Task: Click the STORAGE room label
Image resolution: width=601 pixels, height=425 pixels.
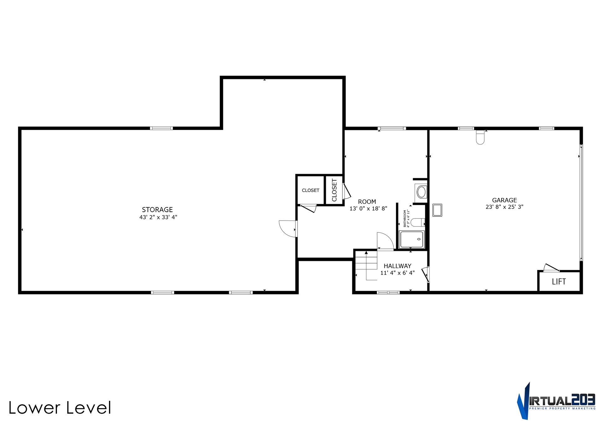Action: (157, 210)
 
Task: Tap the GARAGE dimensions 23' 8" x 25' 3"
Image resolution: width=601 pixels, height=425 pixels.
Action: (504, 207)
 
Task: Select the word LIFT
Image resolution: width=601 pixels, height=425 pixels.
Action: (559, 282)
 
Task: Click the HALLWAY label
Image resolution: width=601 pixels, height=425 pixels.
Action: (398, 266)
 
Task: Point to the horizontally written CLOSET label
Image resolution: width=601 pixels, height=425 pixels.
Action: (311, 190)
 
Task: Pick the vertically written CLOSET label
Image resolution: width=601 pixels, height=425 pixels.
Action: (334, 190)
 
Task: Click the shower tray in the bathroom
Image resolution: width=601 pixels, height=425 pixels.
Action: (412, 240)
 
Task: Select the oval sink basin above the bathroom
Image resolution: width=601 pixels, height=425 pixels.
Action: (421, 192)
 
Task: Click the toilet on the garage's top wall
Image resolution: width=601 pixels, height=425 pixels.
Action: (480, 137)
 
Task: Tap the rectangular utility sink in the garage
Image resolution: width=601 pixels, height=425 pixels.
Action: (437, 210)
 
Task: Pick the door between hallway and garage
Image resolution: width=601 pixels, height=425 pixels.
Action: (425, 275)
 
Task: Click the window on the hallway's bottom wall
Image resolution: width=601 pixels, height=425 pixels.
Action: (388, 293)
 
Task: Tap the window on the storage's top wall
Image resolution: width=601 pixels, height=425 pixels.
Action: (161, 128)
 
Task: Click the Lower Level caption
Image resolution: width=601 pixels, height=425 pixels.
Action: (60, 408)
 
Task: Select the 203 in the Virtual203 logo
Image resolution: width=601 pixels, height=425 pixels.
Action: (583, 400)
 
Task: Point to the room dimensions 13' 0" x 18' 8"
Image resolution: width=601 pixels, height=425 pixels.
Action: (368, 209)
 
